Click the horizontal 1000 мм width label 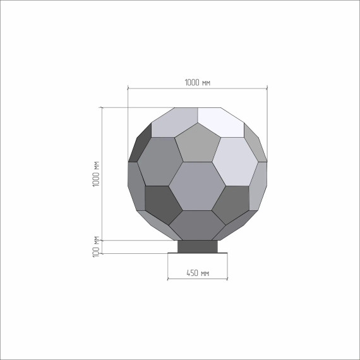pos(198,83)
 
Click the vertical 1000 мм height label pos(96,174)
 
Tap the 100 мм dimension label pos(96,246)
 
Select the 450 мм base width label pos(198,273)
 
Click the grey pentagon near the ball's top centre pos(198,144)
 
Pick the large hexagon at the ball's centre pos(197,186)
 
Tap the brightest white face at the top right pos(221,123)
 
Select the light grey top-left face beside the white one pos(174,123)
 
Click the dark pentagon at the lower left pos(162,205)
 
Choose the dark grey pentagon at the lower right pos(231,205)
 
